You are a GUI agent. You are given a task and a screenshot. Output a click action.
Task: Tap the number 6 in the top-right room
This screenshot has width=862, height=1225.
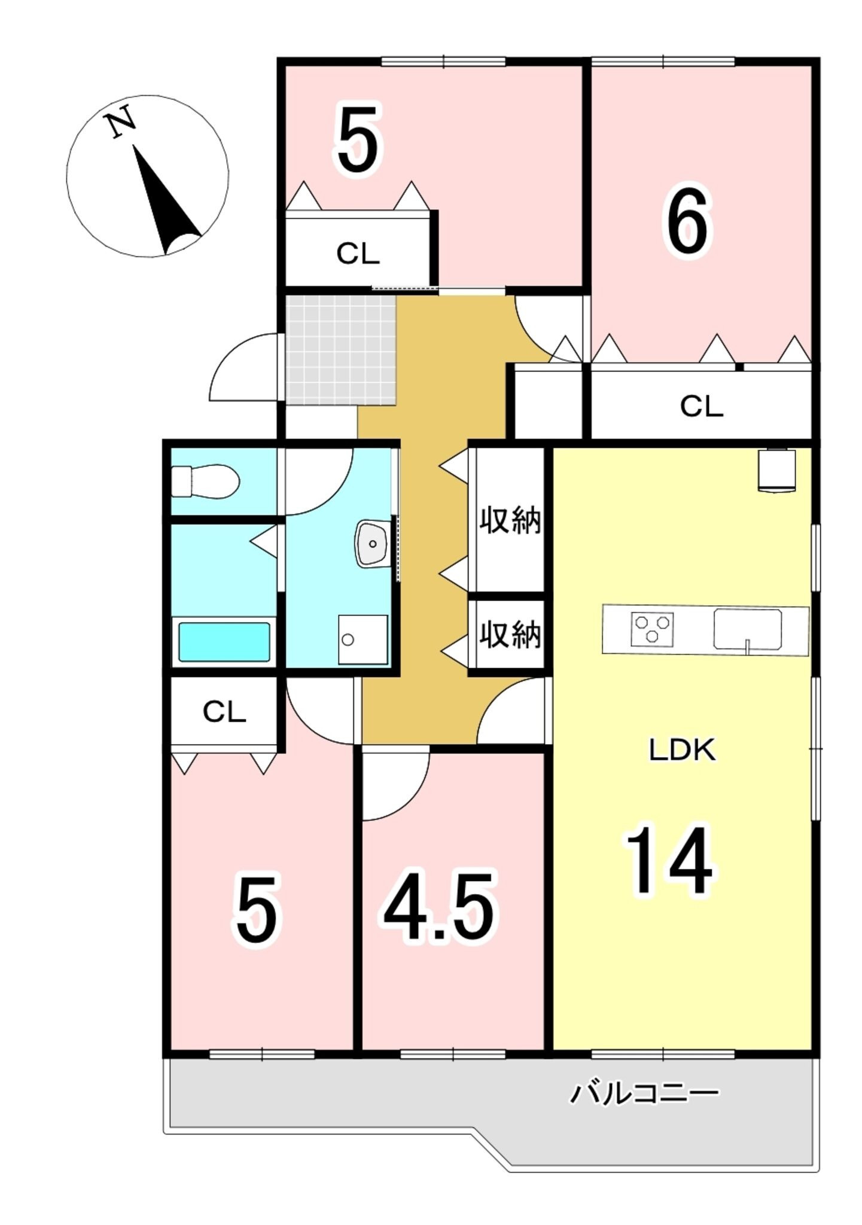click(x=687, y=221)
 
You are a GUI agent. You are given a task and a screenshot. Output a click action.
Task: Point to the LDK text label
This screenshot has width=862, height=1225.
click(x=683, y=750)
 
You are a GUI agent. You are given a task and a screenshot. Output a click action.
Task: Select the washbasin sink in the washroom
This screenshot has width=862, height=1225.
click(x=373, y=543)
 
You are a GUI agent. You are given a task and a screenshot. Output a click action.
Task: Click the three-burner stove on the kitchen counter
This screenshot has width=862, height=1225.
click(x=651, y=629)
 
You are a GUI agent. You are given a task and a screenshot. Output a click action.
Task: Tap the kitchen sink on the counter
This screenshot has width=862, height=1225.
click(x=747, y=630)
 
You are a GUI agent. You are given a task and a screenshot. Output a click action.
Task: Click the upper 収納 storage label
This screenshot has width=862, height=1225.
click(x=510, y=520)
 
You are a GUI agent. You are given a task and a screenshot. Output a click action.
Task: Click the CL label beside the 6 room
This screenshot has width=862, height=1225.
click(x=701, y=407)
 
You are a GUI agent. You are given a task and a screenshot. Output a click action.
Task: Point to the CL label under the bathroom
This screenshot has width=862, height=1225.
click(x=224, y=712)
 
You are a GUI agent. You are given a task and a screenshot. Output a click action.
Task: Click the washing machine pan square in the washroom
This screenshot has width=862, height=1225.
click(x=363, y=639)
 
